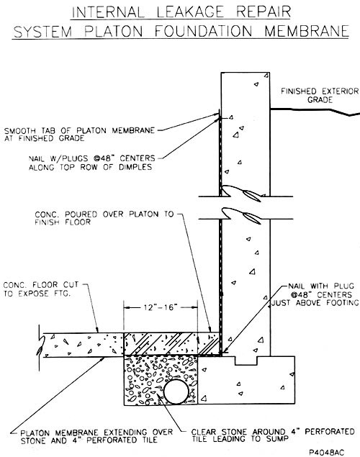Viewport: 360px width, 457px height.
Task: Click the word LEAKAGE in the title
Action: tap(191, 12)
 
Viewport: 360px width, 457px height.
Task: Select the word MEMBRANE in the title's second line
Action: tap(307, 31)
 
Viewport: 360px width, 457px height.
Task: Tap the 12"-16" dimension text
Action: tap(161, 307)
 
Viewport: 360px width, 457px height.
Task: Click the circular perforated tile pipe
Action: tap(176, 391)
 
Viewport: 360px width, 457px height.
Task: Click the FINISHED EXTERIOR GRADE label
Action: tap(320, 95)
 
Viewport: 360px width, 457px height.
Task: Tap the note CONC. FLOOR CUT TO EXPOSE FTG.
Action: tap(41, 289)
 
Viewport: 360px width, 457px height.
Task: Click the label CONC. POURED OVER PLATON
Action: tap(104, 218)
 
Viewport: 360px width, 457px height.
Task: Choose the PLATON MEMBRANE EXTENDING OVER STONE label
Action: tap(96, 436)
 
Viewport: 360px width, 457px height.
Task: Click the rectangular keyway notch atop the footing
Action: tap(246, 361)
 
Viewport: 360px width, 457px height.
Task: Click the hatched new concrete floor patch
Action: tap(171, 344)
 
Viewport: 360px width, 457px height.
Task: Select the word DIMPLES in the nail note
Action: tap(135, 167)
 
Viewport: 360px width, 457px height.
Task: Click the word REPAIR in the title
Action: tap(264, 12)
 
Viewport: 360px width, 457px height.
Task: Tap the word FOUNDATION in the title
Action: tap(203, 31)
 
